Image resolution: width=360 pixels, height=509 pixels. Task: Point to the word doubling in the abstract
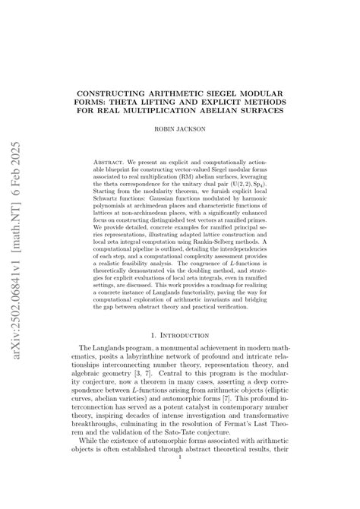[202, 270]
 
